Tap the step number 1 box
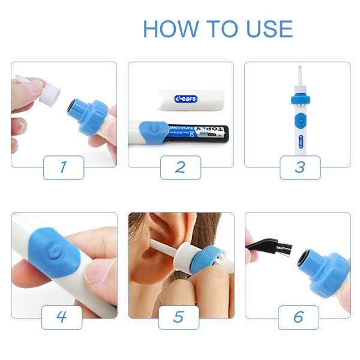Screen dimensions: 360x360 coord(63,167)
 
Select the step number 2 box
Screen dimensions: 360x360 coord(180,167)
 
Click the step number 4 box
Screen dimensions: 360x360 coord(62,317)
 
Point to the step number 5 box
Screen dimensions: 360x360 coord(179,317)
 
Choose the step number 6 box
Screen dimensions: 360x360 coord(298,317)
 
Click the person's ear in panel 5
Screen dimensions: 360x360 coord(150,246)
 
